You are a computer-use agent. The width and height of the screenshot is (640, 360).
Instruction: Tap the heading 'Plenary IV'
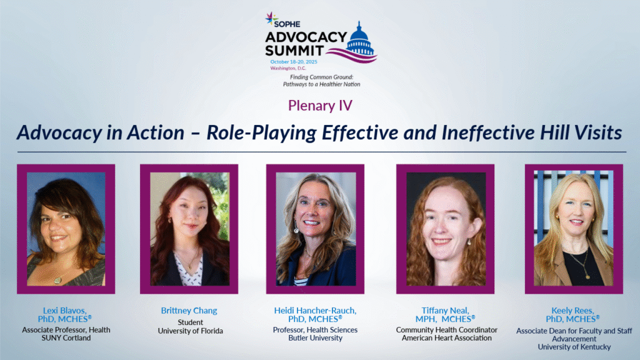[320, 105]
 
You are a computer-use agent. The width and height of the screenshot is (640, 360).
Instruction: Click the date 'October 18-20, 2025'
[294, 62]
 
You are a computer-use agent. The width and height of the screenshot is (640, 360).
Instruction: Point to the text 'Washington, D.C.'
[287, 68]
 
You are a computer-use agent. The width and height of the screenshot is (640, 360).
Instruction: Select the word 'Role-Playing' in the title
[261, 133]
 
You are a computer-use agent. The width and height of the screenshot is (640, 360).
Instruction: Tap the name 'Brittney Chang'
[189, 311]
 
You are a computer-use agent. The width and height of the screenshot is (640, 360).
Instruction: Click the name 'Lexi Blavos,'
[65, 311]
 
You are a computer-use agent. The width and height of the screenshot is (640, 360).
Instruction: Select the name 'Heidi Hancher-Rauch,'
[315, 311]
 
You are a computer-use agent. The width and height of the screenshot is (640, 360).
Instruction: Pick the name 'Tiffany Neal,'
[445, 311]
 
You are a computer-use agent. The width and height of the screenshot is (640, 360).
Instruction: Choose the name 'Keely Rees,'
[572, 311]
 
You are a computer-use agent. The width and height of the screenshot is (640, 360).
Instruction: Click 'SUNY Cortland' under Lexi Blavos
[66, 338]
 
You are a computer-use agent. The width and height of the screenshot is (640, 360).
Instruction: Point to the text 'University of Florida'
[190, 331]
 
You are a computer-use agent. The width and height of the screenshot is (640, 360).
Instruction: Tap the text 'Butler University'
[315, 338]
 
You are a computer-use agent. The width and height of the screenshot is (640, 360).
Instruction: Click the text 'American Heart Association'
[446, 338]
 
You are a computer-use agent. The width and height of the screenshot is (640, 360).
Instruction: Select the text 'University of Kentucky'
[574, 347]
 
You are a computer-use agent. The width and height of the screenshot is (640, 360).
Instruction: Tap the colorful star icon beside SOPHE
[271, 18]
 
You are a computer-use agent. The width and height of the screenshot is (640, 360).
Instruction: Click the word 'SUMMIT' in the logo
[294, 51]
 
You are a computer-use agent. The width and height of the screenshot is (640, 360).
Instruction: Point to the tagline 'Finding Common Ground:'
[322, 77]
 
